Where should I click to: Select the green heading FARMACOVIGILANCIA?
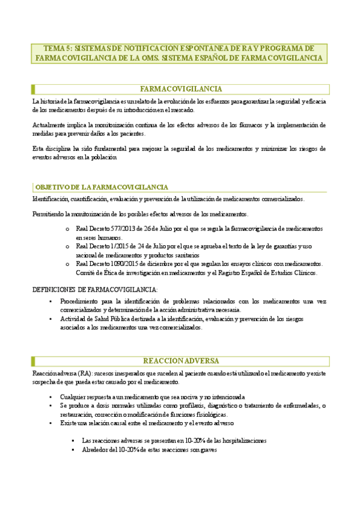click(x=180, y=89)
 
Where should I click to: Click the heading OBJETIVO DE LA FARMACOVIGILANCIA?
click(x=102, y=188)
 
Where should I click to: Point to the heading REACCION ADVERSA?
click(x=180, y=361)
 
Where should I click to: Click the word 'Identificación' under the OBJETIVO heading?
click(x=50, y=199)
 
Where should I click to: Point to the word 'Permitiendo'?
click(x=49, y=214)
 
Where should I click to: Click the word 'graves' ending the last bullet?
click(x=207, y=449)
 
